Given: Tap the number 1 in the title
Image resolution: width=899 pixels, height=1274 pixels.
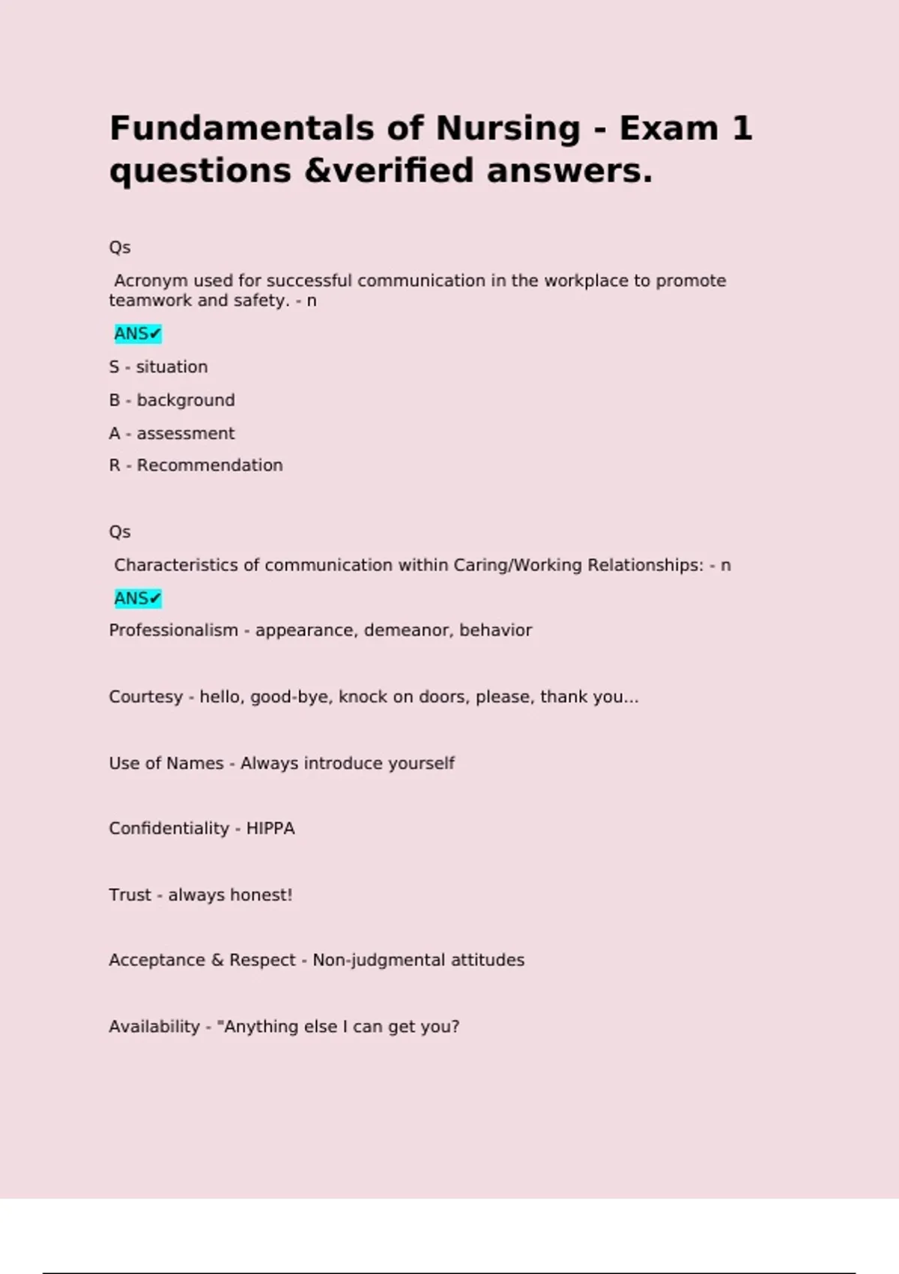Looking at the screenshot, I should point(742,129).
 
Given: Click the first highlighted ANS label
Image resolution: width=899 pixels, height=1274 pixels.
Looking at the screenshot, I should point(137,333).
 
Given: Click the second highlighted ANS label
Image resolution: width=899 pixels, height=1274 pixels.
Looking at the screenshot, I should point(137,598).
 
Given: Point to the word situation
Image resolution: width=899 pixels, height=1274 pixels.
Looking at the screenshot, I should point(172,367).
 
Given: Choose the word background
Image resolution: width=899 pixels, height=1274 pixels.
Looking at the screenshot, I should point(186,400).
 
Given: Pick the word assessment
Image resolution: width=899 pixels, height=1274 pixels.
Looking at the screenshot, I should point(185,433).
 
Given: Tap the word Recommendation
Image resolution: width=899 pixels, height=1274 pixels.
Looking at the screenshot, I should point(210,465).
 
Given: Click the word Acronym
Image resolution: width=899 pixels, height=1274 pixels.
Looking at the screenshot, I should point(151,281).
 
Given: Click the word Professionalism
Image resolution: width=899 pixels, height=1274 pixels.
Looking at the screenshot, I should point(173,630).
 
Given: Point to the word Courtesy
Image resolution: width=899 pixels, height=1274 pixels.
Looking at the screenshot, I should point(145,697).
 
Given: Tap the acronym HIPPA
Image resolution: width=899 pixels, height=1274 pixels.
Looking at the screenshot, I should point(270,829).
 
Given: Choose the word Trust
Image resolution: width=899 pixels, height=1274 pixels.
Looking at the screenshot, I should point(130,895).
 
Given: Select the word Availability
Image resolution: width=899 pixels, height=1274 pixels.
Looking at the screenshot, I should point(154,1027).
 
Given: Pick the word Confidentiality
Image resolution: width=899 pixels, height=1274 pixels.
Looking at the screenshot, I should point(169,829).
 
